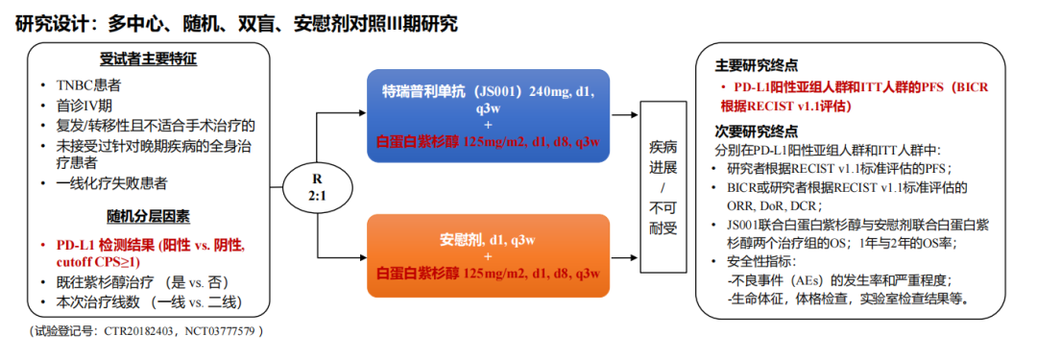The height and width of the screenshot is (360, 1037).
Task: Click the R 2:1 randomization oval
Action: pyautogui.click(x=318, y=186)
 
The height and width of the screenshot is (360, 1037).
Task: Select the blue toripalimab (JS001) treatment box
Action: pyautogui.click(x=488, y=116)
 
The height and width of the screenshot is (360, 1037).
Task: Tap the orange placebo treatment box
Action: pyautogui.click(x=488, y=255)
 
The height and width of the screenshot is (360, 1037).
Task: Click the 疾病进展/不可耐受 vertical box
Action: pyautogui.click(x=664, y=186)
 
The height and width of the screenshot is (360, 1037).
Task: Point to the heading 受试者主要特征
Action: pyautogui.click(x=149, y=60)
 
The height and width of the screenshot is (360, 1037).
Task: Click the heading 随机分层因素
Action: pyautogui.click(x=149, y=216)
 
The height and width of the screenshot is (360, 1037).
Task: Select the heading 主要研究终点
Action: pyautogui.click(x=756, y=65)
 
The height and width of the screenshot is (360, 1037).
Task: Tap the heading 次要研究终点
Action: pyautogui.click(x=756, y=131)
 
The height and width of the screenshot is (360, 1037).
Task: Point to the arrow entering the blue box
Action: pyautogui.click(x=342, y=114)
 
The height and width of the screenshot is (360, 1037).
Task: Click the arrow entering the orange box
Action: pyautogui.click(x=342, y=255)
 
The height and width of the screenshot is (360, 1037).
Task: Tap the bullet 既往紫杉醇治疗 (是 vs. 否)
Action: pyautogui.click(x=142, y=282)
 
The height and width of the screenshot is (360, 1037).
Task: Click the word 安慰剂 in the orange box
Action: pyautogui.click(x=456, y=239)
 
